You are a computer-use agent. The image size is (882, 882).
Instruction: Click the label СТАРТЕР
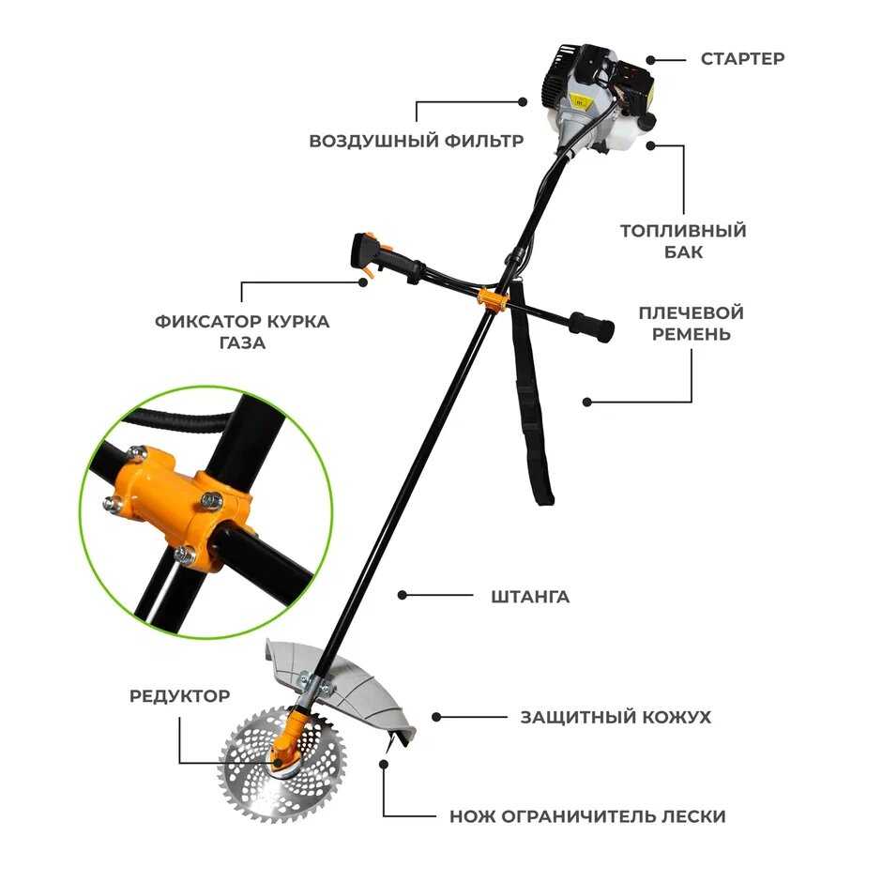(x=742, y=58)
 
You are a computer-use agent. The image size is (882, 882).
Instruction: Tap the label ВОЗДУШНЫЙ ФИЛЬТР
(x=417, y=140)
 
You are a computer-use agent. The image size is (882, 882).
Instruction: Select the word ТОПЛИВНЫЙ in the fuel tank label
(x=683, y=231)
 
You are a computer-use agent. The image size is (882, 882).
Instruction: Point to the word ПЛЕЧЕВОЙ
(x=692, y=312)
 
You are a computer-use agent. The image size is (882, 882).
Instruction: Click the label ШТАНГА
(x=530, y=596)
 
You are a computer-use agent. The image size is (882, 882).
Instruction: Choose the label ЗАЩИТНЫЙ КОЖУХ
(x=616, y=717)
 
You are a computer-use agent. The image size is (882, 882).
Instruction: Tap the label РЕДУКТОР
(x=179, y=696)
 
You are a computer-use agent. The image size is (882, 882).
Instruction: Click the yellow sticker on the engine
(x=579, y=102)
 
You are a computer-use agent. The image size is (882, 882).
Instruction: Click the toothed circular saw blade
(x=280, y=765)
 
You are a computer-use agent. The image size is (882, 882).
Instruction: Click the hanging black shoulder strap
(x=530, y=394)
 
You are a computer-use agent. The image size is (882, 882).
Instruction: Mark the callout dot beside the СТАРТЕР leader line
(x=651, y=60)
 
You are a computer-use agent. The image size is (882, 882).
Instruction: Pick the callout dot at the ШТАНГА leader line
(x=403, y=595)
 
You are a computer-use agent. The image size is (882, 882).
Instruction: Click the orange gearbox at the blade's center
(x=288, y=742)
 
